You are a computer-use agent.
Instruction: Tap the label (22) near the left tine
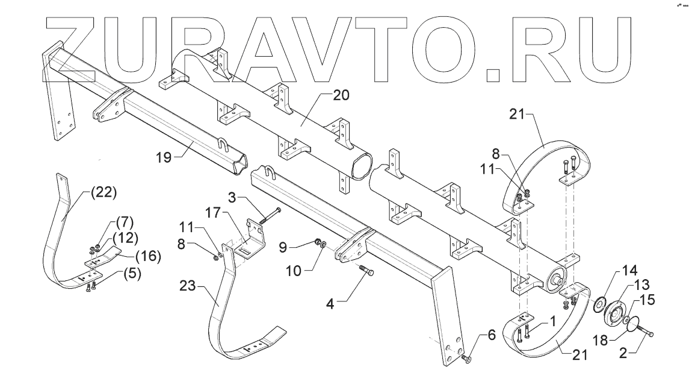102,194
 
